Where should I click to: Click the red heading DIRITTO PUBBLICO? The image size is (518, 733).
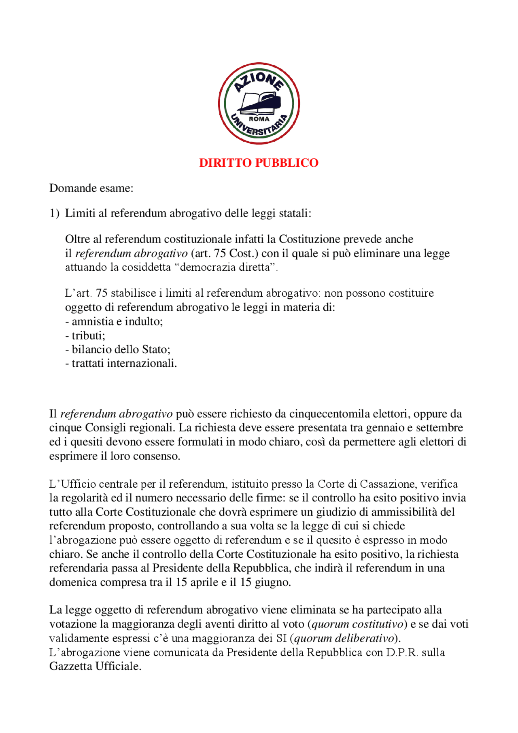point(259,163)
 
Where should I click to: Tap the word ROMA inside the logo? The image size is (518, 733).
point(259,119)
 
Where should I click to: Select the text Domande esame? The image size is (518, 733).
point(91,188)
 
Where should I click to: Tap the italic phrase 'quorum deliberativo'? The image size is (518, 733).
point(344,638)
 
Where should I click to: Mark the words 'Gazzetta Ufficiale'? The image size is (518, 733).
point(95,666)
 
